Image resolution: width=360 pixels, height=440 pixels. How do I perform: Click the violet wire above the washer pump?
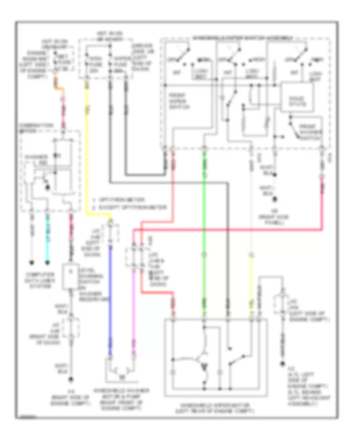[x=133, y=304]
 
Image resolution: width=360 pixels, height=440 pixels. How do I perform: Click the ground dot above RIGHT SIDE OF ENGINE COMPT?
[x=71, y=379]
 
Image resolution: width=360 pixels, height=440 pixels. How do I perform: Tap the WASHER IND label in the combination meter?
[x=32, y=159]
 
